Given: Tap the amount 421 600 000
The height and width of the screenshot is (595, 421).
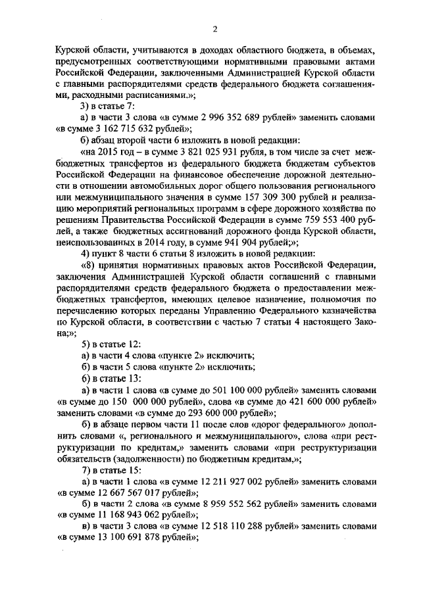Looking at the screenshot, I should tap(311, 401).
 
